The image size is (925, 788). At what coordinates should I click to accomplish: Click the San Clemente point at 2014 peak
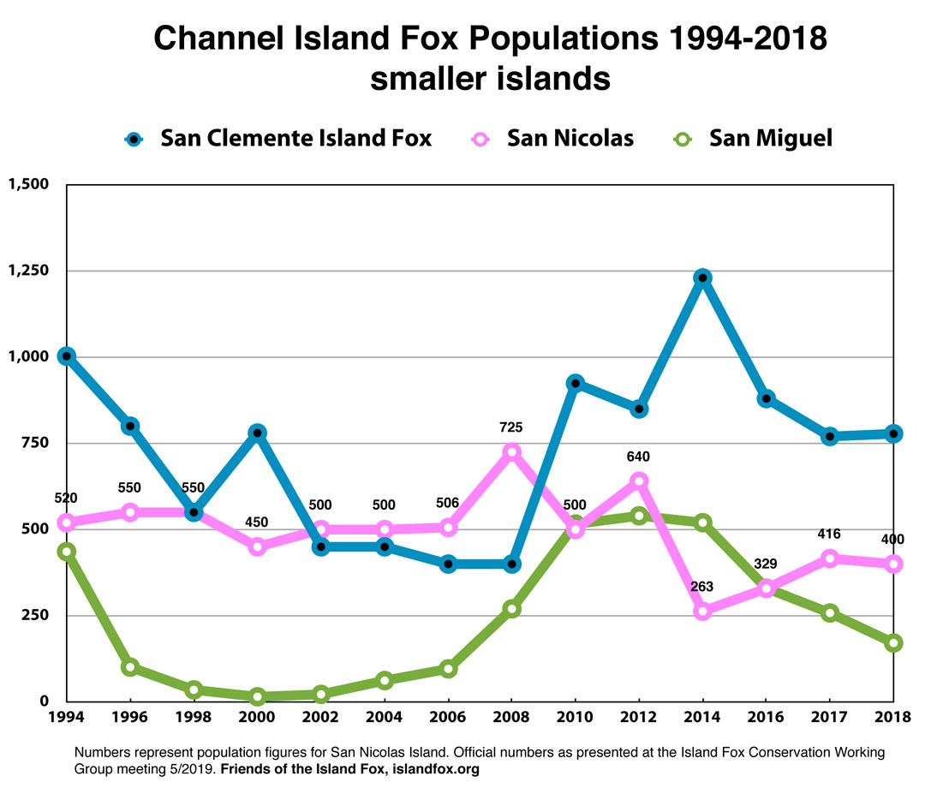tap(703, 278)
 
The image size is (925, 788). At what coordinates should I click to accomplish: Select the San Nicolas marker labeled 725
tap(511, 451)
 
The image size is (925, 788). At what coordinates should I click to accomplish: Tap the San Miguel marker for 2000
tap(257, 696)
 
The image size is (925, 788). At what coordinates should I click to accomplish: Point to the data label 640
tap(638, 457)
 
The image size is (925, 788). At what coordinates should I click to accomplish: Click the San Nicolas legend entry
tap(553, 138)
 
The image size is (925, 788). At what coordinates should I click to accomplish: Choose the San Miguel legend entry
tap(754, 138)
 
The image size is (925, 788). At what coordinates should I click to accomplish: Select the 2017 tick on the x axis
tap(829, 718)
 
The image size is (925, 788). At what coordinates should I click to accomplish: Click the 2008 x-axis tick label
tap(511, 718)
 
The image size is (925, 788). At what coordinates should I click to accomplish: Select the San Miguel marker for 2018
tap(892, 643)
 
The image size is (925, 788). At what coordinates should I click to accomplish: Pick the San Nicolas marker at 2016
tap(766, 588)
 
